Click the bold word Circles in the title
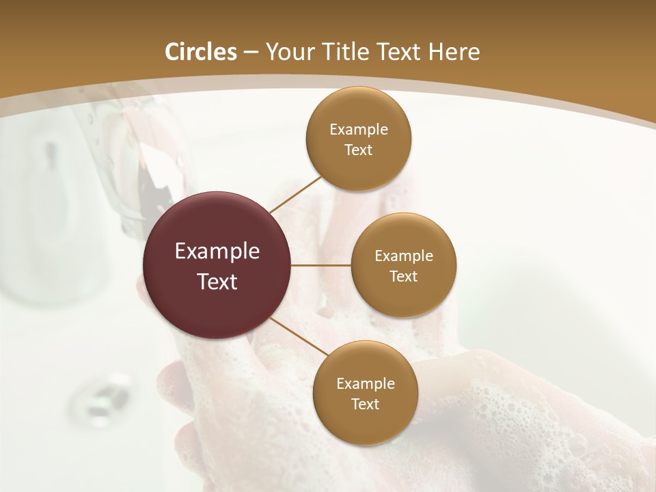tap(200, 52)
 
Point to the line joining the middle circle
tap(321, 264)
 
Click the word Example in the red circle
tap(217, 251)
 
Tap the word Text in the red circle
tap(217, 282)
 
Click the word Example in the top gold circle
tap(359, 130)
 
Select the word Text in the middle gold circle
tap(404, 276)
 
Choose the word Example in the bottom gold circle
tap(366, 383)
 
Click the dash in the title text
tap(250, 53)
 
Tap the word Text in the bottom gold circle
tap(366, 404)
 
